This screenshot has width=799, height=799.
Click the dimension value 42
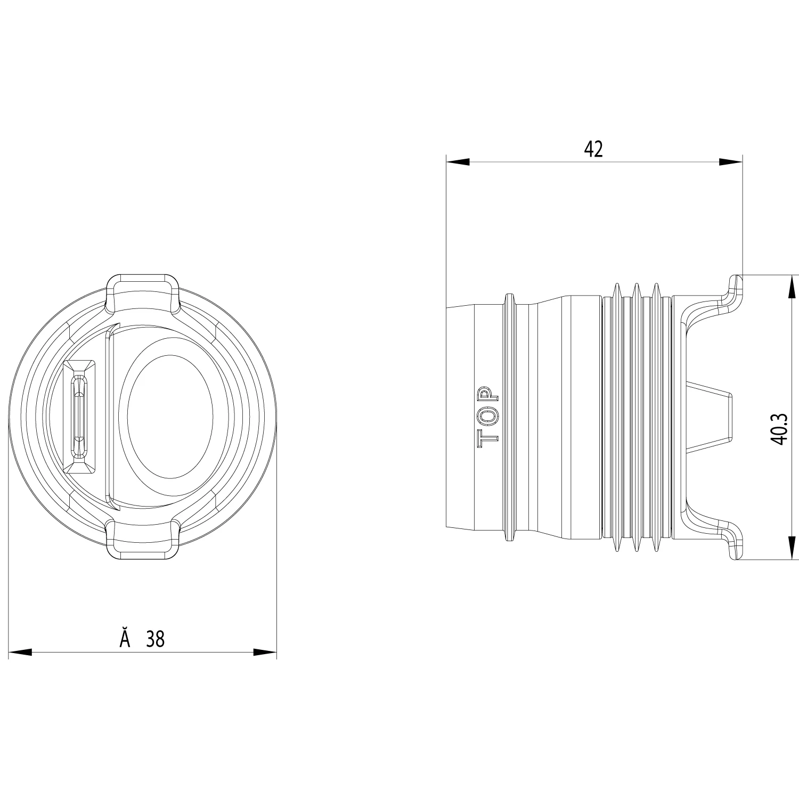click(593, 149)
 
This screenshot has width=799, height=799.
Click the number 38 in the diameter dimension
click(156, 639)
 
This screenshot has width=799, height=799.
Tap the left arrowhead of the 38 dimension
click(20, 652)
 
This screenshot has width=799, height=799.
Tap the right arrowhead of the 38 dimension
click(265, 652)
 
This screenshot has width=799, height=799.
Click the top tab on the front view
click(142, 292)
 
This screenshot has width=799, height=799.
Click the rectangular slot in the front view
click(79, 417)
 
